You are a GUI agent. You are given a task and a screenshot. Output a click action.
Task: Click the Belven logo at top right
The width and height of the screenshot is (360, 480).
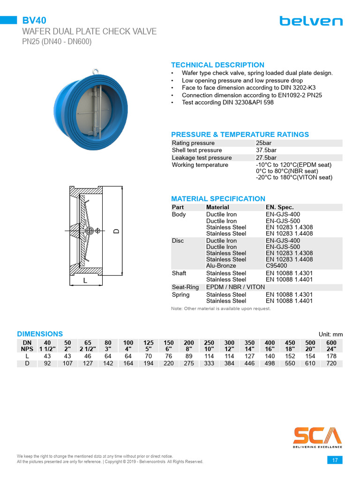click(x=311, y=21)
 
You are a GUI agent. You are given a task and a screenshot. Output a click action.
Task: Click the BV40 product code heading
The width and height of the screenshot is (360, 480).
click(x=34, y=20)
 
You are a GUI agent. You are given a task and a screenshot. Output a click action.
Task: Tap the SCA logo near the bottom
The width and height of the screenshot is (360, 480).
click(x=317, y=435)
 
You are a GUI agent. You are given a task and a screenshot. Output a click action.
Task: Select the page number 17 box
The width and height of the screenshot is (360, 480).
click(x=335, y=460)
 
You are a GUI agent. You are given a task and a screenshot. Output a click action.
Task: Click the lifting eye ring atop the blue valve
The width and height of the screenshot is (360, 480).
click(x=95, y=72)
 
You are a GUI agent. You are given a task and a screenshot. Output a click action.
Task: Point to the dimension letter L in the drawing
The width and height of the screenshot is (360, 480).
click(x=85, y=281)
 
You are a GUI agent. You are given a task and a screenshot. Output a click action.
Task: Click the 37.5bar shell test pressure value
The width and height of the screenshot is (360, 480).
click(x=266, y=150)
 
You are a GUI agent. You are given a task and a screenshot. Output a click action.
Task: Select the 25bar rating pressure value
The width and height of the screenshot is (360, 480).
click(x=264, y=143)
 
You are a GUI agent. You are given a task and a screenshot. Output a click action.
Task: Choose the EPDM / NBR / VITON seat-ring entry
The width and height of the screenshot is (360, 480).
click(x=235, y=287)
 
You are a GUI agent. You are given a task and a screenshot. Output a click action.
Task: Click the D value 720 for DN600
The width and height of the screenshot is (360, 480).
click(x=331, y=363)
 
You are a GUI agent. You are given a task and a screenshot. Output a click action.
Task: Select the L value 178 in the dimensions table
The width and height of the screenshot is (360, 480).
click(x=331, y=356)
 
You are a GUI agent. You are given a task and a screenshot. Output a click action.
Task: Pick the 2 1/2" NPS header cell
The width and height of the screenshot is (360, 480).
click(x=88, y=349)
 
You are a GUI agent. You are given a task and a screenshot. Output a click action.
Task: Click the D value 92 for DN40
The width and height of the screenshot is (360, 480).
click(x=47, y=363)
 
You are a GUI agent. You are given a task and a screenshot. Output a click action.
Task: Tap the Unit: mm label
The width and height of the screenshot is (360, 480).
click(x=330, y=334)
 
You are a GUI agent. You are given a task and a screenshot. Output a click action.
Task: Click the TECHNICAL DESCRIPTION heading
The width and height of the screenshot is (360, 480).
click(x=217, y=65)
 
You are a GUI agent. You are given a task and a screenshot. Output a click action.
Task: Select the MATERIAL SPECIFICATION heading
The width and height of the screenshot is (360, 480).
click(x=218, y=199)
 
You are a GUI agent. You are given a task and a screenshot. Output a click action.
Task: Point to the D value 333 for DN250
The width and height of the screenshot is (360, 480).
click(x=209, y=363)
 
